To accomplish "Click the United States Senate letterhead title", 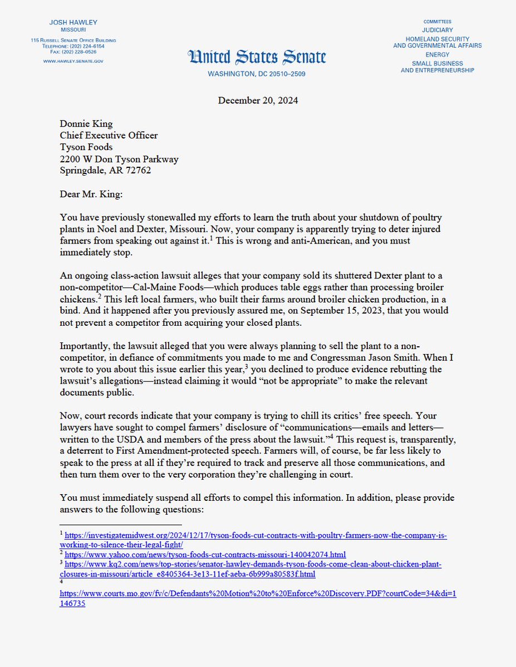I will coord(257,57).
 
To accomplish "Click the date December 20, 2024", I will coord(257,100).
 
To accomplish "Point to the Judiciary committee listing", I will coord(437,30).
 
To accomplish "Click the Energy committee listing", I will coord(437,55).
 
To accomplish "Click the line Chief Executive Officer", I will coord(109,135).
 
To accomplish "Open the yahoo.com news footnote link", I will coord(205,555).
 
